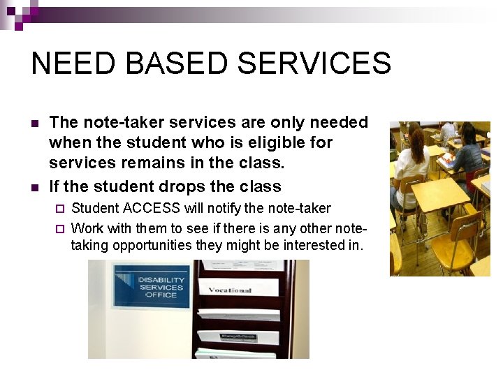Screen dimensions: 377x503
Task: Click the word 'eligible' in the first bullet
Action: [x=265, y=142]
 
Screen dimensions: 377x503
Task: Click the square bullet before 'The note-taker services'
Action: [x=35, y=124]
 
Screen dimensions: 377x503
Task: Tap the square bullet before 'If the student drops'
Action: [x=35, y=187]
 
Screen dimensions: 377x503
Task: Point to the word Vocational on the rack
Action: [x=230, y=289]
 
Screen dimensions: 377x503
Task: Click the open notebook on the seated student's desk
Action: [x=447, y=161]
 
